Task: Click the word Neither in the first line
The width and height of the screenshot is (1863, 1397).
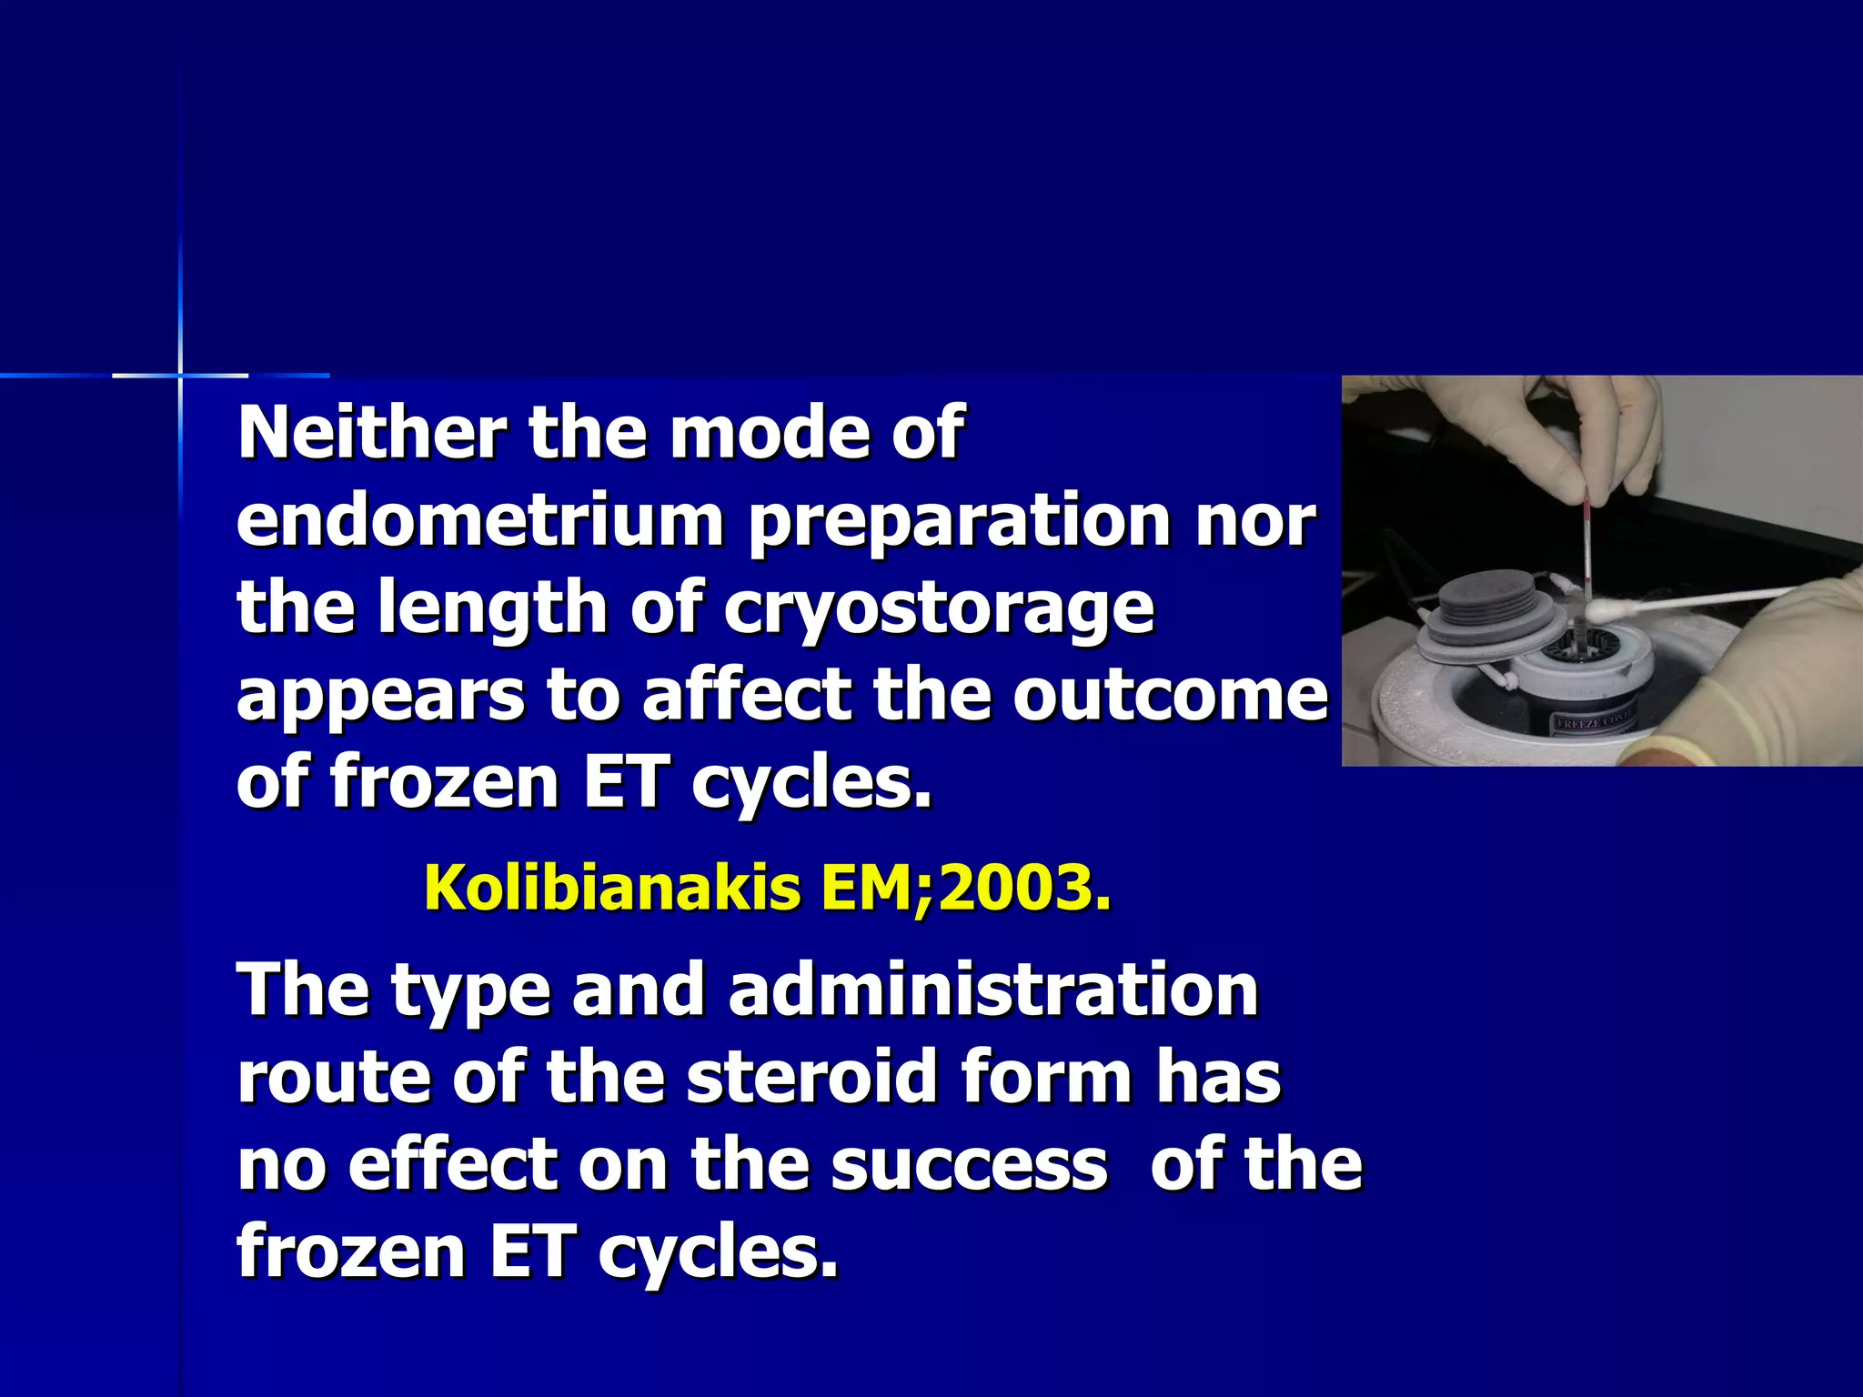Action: [x=371, y=433]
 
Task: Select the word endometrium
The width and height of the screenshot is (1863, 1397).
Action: [x=479, y=521]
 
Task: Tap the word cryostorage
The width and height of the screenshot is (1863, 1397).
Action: [x=938, y=608]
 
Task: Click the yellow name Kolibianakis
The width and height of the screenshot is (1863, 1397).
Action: [x=612, y=888]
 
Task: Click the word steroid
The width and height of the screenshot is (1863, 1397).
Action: [x=811, y=1077]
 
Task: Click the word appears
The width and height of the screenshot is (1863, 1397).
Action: [x=380, y=695]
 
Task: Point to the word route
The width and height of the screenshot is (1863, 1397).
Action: [x=333, y=1077]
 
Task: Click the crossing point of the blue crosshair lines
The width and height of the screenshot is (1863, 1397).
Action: [x=180, y=375]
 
